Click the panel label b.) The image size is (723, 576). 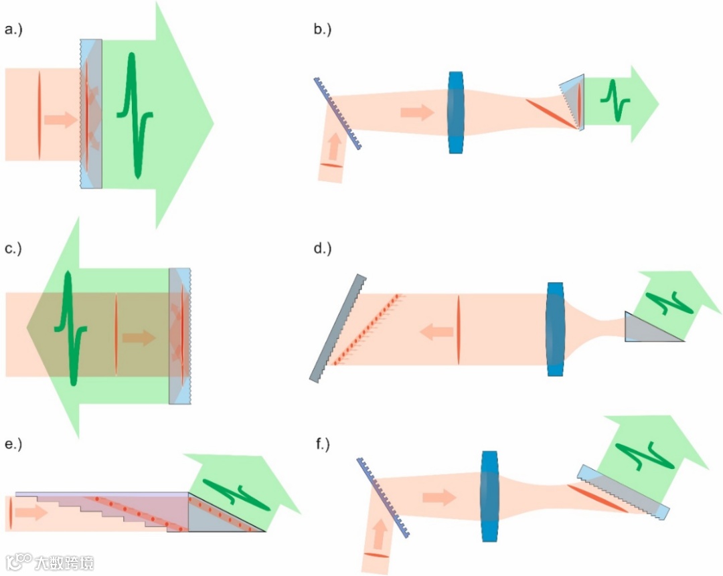click(323, 29)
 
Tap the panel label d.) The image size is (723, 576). click(323, 249)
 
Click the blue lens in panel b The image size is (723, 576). click(456, 113)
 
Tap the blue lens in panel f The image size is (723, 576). click(490, 496)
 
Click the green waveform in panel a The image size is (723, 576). click(136, 114)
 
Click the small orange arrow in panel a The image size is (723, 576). click(60, 120)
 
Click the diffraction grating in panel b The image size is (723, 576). click(337, 113)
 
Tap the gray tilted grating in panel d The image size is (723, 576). click(338, 327)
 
